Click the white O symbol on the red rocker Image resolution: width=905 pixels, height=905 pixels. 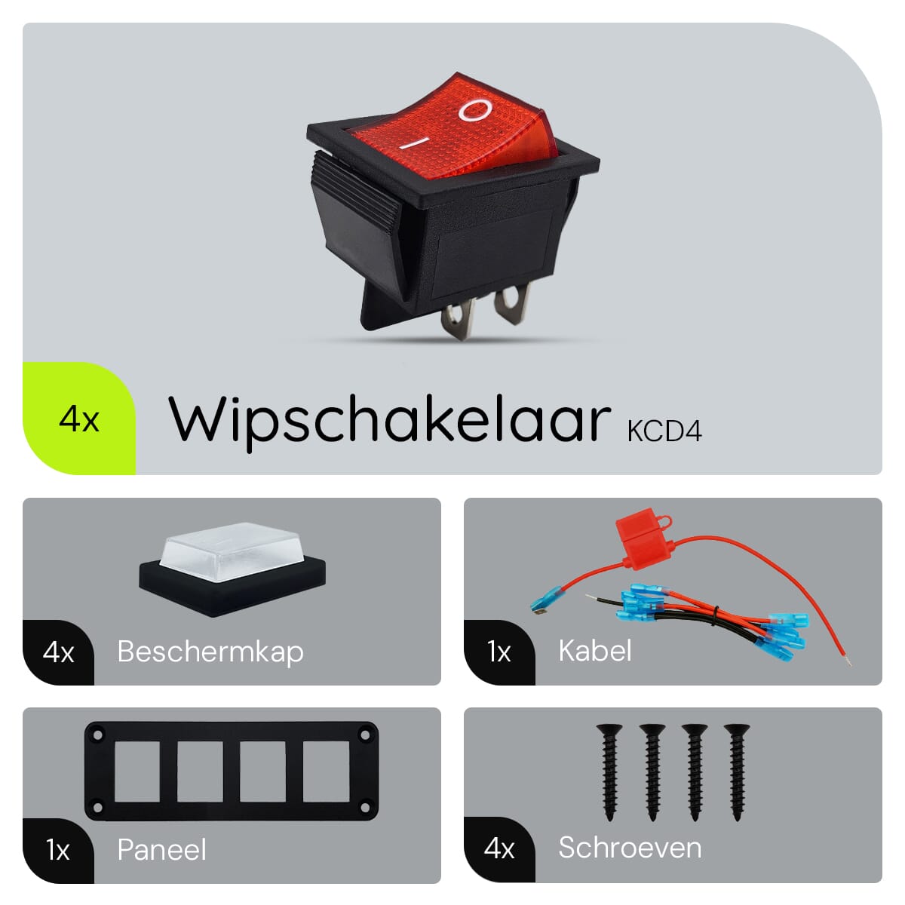click(x=475, y=110)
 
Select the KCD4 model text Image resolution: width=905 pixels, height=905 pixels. click(x=664, y=431)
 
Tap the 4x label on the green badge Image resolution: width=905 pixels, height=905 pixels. click(x=79, y=419)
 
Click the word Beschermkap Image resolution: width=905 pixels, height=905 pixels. click(x=210, y=652)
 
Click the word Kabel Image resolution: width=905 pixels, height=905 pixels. click(x=595, y=651)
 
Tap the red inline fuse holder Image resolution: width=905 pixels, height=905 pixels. click(x=645, y=539)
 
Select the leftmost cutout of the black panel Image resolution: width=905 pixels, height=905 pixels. click(x=137, y=772)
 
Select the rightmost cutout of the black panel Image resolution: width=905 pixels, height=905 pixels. click(x=326, y=772)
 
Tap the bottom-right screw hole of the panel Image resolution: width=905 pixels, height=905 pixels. click(x=364, y=808)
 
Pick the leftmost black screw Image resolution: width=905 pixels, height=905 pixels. click(x=609, y=772)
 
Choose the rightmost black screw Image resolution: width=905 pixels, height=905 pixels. click(x=737, y=772)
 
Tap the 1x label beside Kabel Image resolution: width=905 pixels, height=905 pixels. click(x=499, y=652)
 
